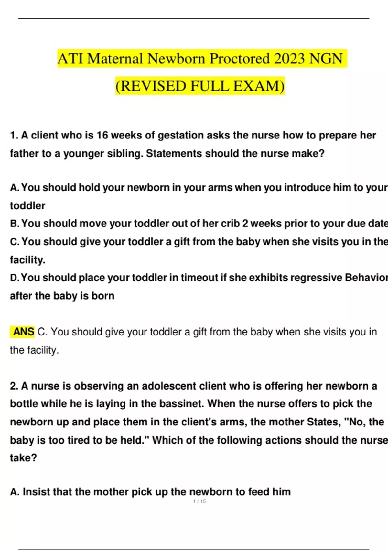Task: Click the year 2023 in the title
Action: pyautogui.click(x=289, y=59)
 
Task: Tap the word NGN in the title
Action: pyautogui.click(x=326, y=59)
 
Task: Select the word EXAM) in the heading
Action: pyautogui.click(x=259, y=86)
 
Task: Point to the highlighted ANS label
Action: pyautogui.click(x=23, y=332)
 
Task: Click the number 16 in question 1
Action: pyautogui.click(x=102, y=135)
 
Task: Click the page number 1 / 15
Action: pyautogui.click(x=199, y=501)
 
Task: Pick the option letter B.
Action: pyautogui.click(x=14, y=224)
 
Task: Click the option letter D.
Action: pyautogui.click(x=14, y=278)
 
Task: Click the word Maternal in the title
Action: pyautogui.click(x=115, y=59)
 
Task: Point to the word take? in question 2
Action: pyautogui.click(x=23, y=458)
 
